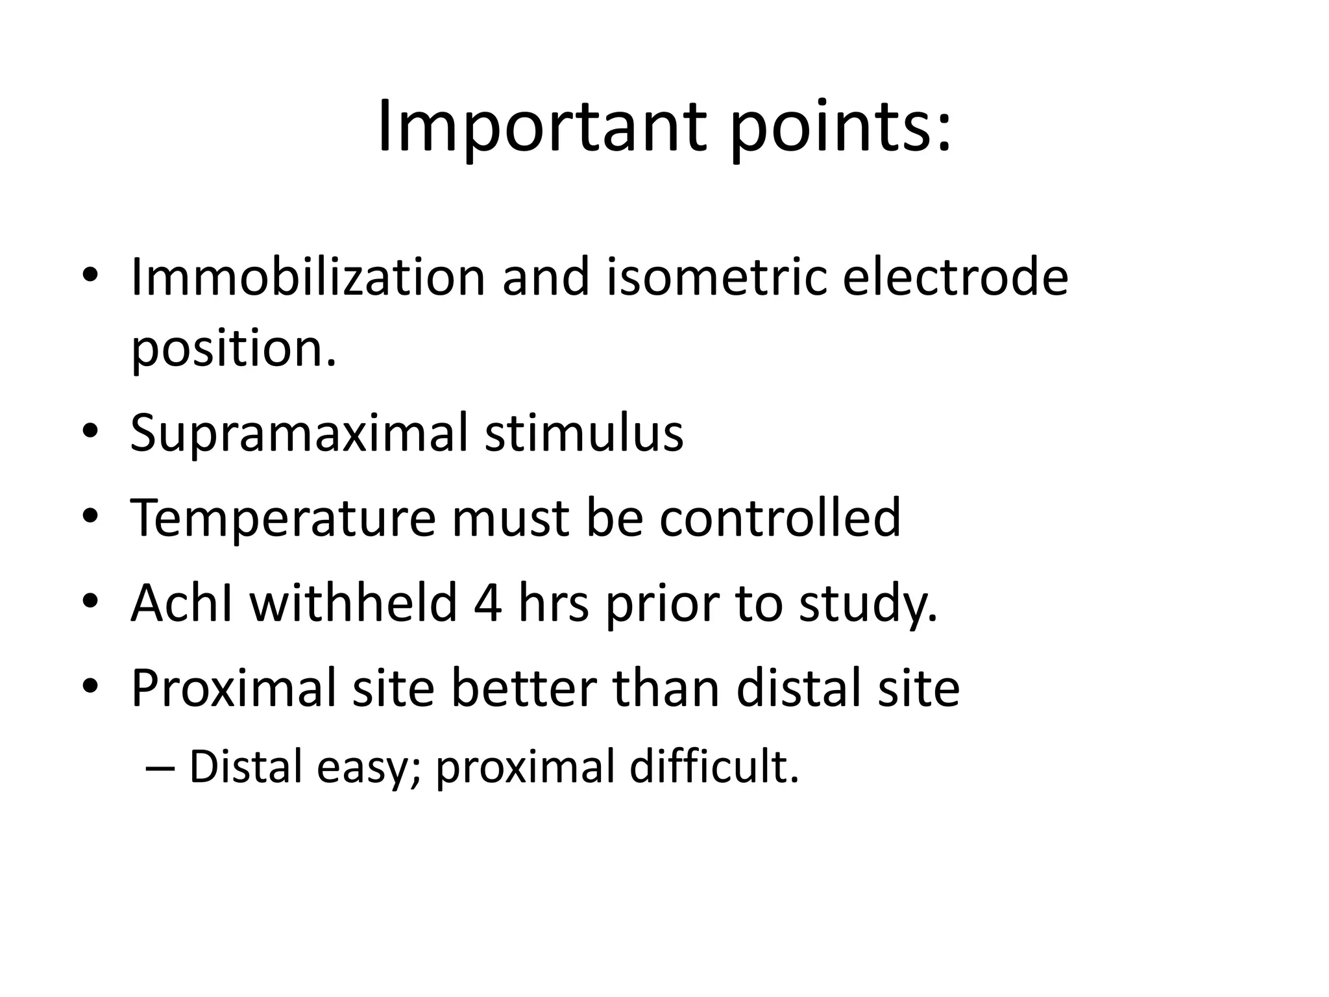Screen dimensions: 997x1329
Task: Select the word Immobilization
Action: click(308, 277)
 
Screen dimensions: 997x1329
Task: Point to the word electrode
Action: click(955, 277)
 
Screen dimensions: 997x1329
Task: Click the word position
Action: click(234, 349)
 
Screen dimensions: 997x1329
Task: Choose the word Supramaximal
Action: click(299, 433)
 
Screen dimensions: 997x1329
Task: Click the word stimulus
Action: click(584, 433)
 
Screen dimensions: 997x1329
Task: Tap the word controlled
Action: click(780, 517)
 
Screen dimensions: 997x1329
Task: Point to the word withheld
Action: click(354, 603)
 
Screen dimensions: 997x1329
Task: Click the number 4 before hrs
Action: click(488, 603)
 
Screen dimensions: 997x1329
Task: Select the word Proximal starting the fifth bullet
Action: click(234, 688)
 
